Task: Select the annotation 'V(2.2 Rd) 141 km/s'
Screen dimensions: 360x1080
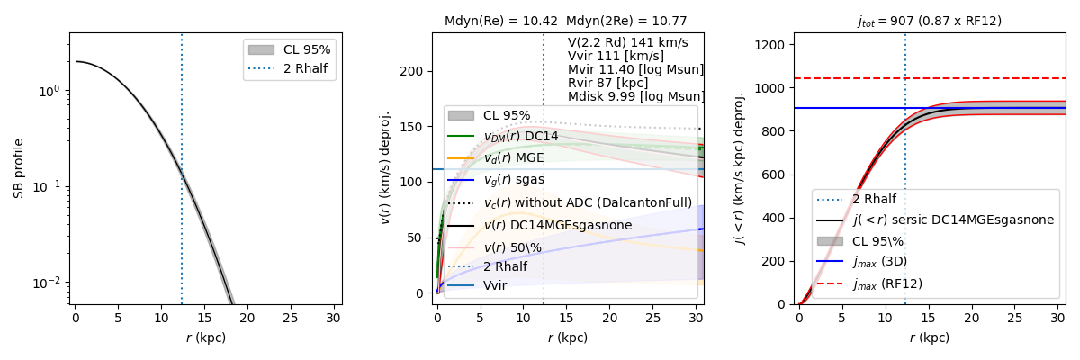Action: (627, 42)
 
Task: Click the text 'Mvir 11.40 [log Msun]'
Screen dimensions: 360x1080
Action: (635, 69)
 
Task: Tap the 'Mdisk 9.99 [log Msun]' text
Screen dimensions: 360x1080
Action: (635, 96)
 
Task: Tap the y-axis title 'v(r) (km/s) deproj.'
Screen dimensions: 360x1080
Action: (386, 167)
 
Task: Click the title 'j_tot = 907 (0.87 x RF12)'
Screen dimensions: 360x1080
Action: (929, 21)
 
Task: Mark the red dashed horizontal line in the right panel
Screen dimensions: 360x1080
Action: (990, 78)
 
